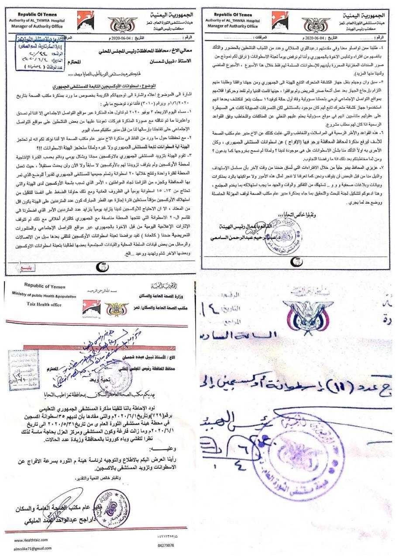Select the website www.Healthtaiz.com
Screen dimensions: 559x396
(x=26, y=541)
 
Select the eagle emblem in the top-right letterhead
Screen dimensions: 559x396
(x=316, y=24)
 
